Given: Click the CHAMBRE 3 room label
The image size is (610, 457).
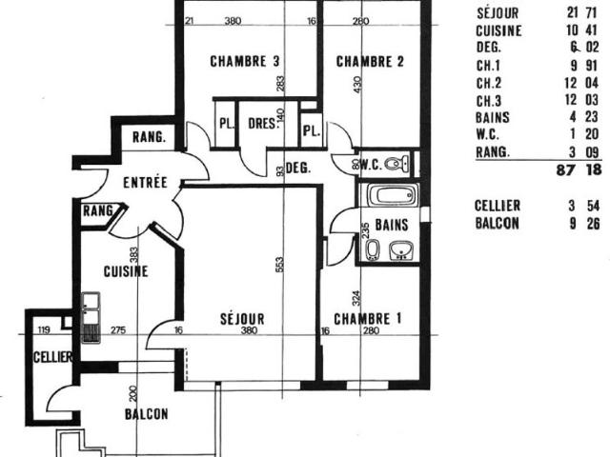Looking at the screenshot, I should tap(244, 62).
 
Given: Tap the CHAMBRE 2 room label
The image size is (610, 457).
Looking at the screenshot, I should tap(370, 62).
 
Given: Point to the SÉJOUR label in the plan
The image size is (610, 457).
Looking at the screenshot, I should tap(241, 318).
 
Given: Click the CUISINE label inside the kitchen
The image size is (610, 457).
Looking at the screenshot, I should tap(126, 270).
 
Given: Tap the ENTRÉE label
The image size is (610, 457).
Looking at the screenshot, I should tap(145, 182).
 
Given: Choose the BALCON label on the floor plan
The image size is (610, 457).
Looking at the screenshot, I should tap(146, 414).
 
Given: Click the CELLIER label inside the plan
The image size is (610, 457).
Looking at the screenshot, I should tap(46, 357).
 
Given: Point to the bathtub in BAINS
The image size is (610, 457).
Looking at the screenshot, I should tap(391, 198).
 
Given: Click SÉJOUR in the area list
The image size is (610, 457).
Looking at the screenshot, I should tap(497, 13).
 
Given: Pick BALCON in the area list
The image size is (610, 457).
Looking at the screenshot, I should tap(497, 223).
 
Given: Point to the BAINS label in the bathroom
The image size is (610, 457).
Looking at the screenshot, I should tap(391, 226).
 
